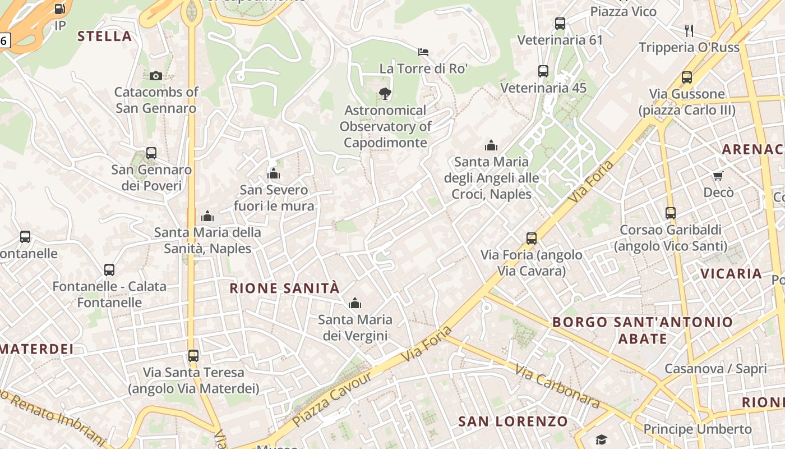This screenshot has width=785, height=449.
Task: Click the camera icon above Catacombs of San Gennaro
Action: [156, 76]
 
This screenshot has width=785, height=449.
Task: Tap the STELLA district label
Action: [105, 36]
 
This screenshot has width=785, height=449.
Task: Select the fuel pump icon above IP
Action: [59, 9]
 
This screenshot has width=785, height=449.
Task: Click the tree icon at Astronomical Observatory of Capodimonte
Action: [385, 94]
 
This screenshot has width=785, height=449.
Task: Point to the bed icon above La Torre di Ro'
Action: [423, 52]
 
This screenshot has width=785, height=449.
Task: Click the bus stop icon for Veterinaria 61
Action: [560, 24]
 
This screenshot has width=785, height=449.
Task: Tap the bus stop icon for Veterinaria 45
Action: [543, 71]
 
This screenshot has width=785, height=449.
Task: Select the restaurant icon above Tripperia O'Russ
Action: [689, 30]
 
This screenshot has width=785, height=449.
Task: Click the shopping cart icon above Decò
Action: [718, 176]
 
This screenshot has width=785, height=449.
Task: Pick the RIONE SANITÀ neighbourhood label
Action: [285, 288]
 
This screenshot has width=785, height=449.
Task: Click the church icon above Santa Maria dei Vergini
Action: [354, 304]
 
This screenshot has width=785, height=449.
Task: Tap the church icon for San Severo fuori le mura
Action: [274, 173]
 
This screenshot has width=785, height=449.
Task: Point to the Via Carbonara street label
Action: [557, 387]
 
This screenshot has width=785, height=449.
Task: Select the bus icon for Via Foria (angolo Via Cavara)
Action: [532, 239]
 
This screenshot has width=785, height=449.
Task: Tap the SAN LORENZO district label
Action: [513, 421]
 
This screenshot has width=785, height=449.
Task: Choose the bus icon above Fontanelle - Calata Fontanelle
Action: [109, 270]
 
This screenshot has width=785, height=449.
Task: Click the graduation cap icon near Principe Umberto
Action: [601, 439]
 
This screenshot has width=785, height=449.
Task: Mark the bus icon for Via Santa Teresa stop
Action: [193, 356]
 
